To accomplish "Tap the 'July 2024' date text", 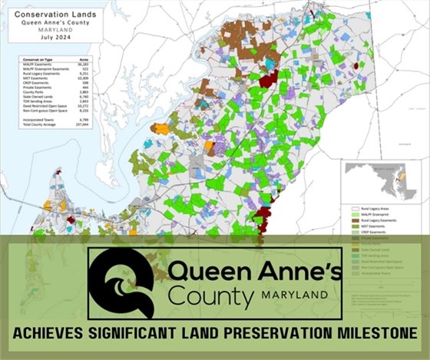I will point(48,38).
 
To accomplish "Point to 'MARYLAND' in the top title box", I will point(48,30).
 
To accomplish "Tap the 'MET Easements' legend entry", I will point(377,227).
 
